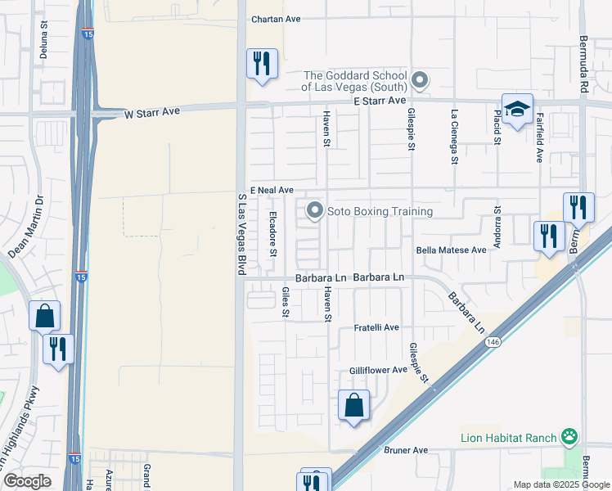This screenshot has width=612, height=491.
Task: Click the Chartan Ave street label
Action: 277,19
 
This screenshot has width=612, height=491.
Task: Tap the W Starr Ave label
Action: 151,114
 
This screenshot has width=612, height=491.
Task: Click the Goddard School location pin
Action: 420,80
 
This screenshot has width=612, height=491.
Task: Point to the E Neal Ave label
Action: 272,190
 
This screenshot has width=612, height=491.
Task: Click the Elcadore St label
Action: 273,233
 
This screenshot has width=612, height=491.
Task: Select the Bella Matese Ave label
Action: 451,250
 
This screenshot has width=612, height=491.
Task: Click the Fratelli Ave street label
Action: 376,327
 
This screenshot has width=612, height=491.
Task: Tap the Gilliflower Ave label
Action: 378,370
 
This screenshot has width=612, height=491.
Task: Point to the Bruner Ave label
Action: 407,450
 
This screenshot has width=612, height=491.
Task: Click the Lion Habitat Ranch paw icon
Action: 569,438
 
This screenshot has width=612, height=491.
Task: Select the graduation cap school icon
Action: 517,109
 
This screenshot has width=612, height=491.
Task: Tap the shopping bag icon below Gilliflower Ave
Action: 353,405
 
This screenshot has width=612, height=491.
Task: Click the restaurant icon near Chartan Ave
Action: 262,63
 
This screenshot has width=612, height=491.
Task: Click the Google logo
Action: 28,481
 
